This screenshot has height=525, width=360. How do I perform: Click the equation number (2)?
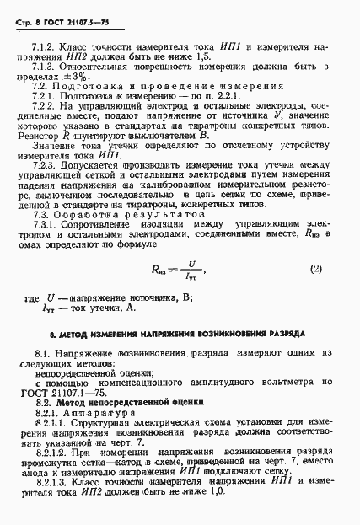[316, 269]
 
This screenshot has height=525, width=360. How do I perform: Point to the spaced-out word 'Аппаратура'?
[99, 415]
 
